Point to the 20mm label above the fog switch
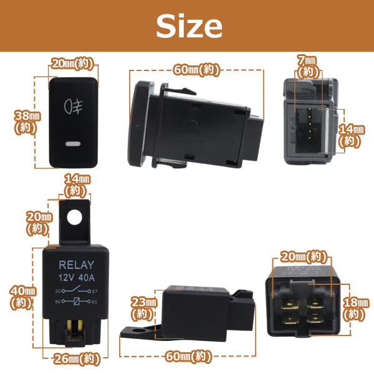point(73,64)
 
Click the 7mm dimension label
point(308,65)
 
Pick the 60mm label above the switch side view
point(197,69)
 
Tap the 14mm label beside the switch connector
point(351,135)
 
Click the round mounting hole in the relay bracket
point(74,217)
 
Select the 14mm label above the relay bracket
point(77,184)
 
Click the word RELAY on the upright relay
point(76,264)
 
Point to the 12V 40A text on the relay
point(76,277)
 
